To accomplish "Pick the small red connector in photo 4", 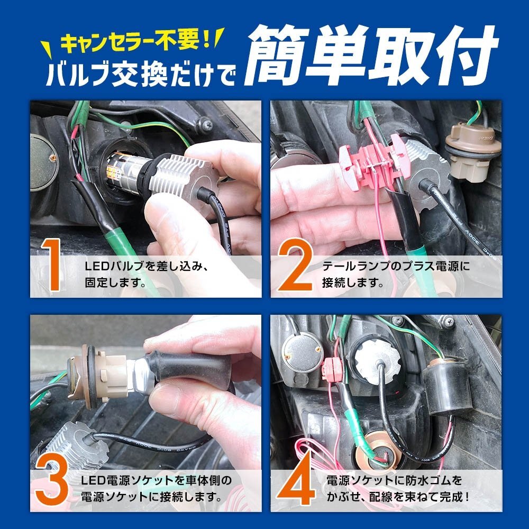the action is (332, 369).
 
